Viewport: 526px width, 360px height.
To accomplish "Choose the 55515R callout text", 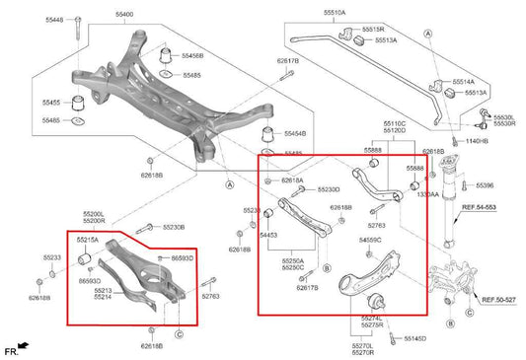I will tap(374, 30).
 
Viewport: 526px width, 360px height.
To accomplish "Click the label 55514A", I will tap(463, 82).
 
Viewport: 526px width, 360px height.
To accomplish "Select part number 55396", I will tap(484, 184).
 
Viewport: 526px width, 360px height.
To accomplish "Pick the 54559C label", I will tap(370, 240).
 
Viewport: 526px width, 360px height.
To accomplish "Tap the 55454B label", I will tap(295, 133).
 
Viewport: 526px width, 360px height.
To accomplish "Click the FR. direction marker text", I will tap(11, 351).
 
